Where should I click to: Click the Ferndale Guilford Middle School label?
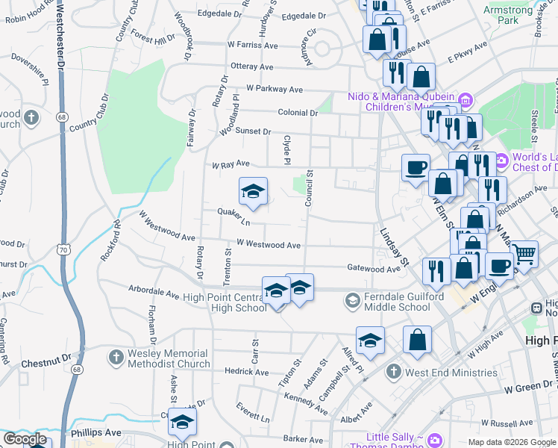point(396,302)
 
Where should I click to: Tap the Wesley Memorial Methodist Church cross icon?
point(116,358)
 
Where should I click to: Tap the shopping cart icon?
point(525,255)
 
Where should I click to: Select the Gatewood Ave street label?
point(374,268)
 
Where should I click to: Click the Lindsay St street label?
point(395,248)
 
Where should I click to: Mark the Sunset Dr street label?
point(254,131)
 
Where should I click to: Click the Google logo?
point(24,440)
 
